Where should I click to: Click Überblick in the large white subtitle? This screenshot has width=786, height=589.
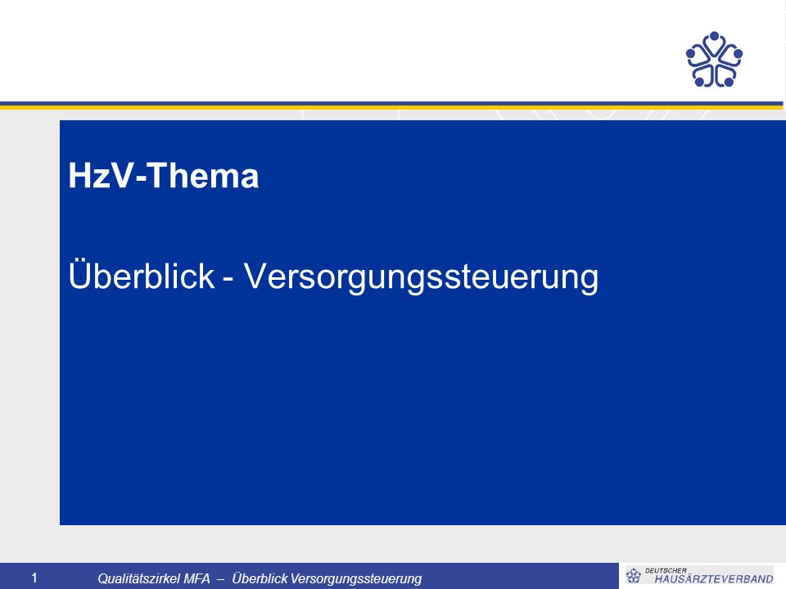pyautogui.click(x=142, y=275)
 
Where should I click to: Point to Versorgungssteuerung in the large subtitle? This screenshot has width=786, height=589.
pyautogui.click(x=421, y=277)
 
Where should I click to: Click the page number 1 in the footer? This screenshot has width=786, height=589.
pyautogui.click(x=34, y=578)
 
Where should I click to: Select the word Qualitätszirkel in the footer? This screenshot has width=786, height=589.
pyautogui.click(x=139, y=578)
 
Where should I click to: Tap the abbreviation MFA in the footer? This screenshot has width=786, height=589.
pyautogui.click(x=197, y=578)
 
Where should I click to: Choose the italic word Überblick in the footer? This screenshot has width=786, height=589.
pyautogui.click(x=260, y=578)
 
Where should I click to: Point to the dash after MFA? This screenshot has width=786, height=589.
pyautogui.click(x=221, y=579)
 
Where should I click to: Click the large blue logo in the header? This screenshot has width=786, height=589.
pyautogui.click(x=714, y=59)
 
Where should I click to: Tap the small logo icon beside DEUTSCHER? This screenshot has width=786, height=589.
pyautogui.click(x=634, y=576)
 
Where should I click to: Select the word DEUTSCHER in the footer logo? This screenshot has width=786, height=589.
pyautogui.click(x=666, y=570)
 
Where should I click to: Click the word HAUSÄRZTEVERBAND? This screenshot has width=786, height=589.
pyautogui.click(x=714, y=578)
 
